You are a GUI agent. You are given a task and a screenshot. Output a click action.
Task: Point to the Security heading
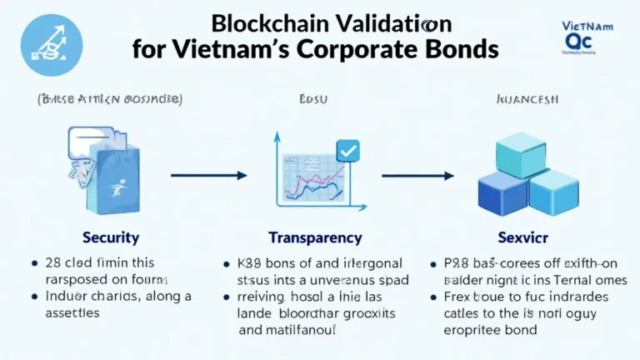(110, 237)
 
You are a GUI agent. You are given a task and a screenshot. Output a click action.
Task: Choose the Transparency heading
(315, 237)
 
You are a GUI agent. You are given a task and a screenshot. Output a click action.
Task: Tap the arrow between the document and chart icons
(208, 176)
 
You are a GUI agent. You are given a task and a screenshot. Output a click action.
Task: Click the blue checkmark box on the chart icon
(347, 151)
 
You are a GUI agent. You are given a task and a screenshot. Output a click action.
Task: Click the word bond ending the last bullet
(543, 328)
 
